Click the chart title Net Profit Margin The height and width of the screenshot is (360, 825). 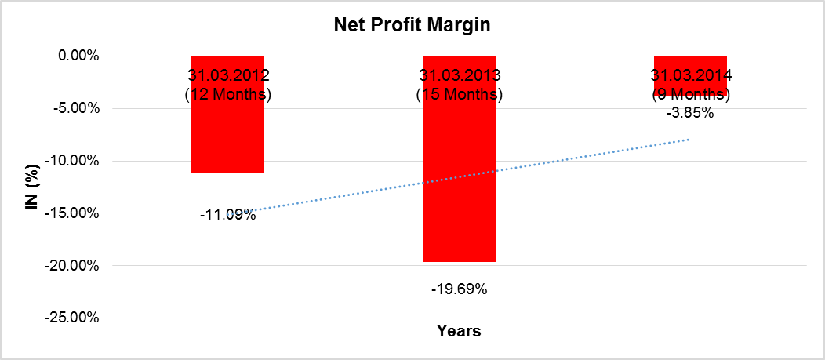[x=412, y=25]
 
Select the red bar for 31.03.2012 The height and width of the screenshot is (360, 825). [x=227, y=133]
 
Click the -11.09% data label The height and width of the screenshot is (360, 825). [x=227, y=213]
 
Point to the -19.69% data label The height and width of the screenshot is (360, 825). [x=459, y=289]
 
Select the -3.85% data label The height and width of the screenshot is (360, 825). [x=690, y=113]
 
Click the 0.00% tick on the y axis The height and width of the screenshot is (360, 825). [x=75, y=56]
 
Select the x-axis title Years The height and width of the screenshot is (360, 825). [x=459, y=331]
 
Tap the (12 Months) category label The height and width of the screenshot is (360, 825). [x=227, y=95]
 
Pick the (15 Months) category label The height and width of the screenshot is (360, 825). [x=459, y=95]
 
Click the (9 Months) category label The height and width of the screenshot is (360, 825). [x=690, y=95]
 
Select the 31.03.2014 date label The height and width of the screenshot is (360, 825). [x=690, y=76]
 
